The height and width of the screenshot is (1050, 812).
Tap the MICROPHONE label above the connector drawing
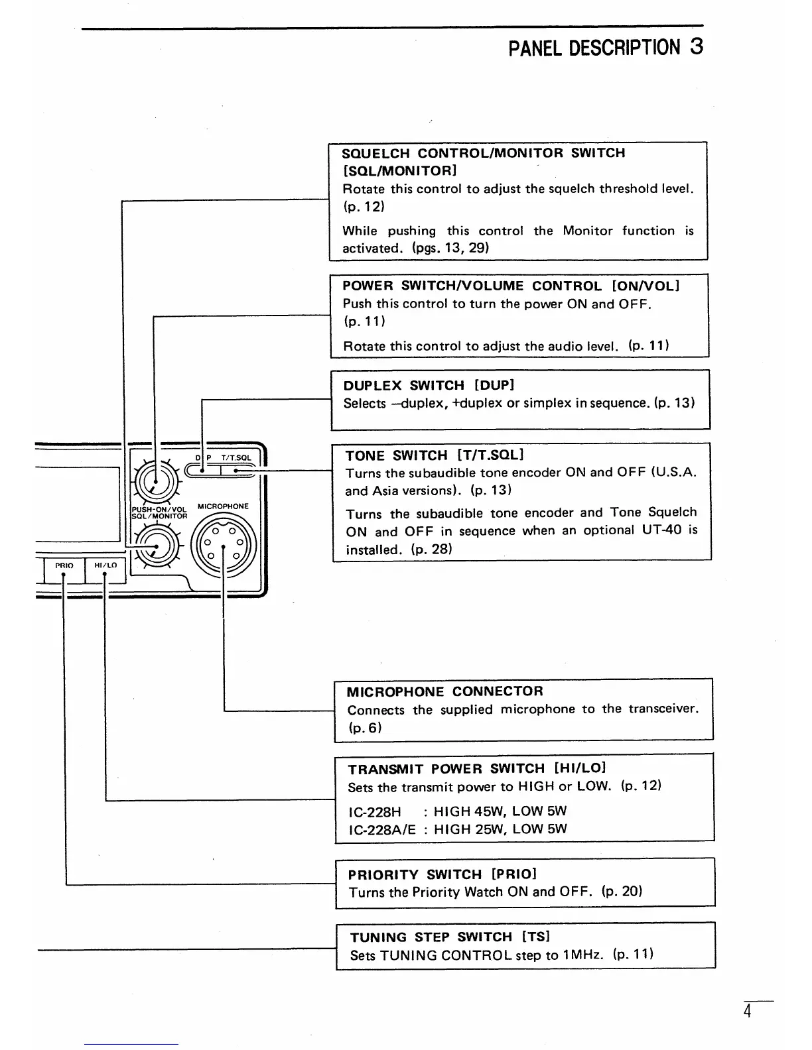click(x=223, y=506)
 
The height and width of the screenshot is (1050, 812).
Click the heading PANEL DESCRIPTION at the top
click(x=594, y=48)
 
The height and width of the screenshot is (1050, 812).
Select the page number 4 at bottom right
click(x=747, y=1012)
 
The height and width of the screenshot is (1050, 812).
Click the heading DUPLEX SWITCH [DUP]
click(x=429, y=385)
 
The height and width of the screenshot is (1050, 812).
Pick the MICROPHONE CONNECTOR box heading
click(x=444, y=691)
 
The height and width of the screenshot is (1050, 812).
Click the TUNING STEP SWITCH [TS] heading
click(x=450, y=937)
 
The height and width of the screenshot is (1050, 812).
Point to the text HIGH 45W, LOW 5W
click(x=500, y=811)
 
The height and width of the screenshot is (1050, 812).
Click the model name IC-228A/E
click(x=381, y=829)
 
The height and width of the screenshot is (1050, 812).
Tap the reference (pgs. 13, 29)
click(x=450, y=248)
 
